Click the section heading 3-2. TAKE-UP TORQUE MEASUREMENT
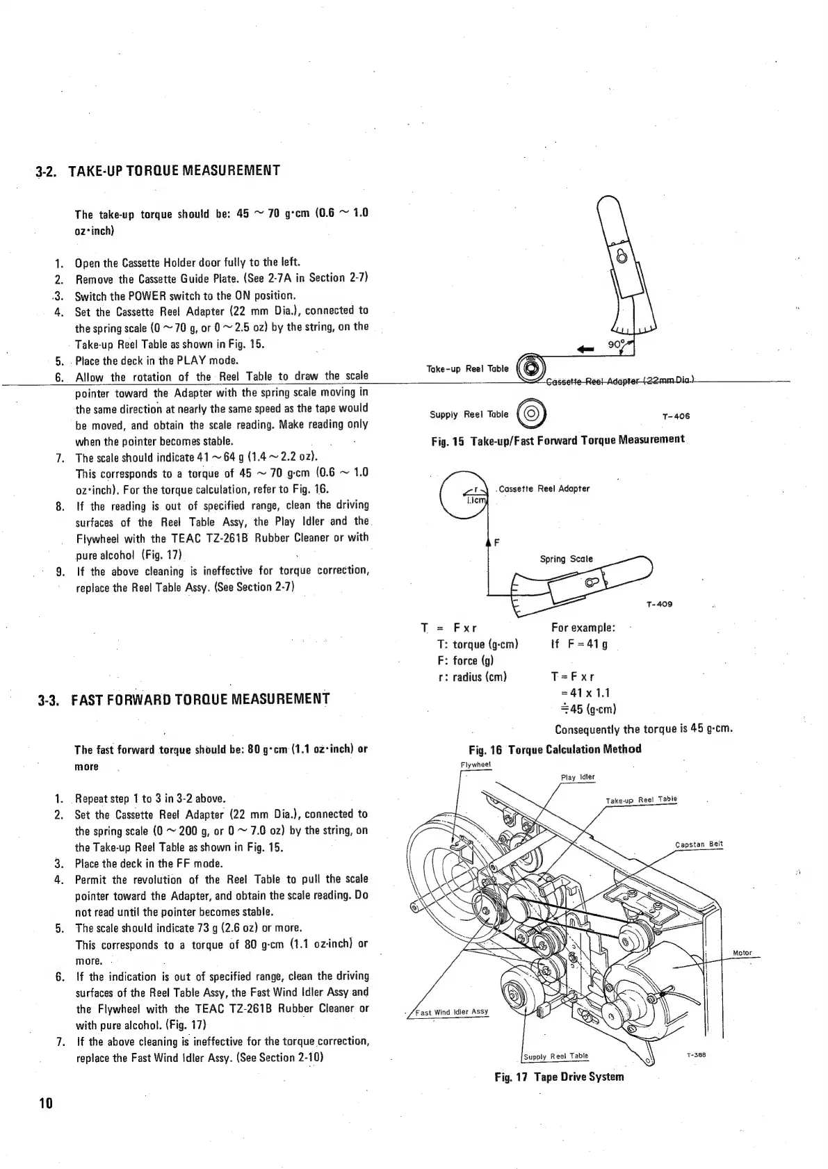coord(159,170)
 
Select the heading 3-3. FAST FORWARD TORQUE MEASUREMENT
coord(182,698)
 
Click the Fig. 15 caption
coord(557,440)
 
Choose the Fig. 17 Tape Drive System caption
coord(559,1077)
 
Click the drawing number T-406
coord(676,418)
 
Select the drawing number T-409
coord(658,604)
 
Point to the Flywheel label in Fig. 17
coord(476,765)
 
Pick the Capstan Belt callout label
coord(699,844)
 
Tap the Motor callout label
coord(742,953)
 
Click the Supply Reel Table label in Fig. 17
coord(555,1056)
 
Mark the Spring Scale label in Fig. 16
coord(566,559)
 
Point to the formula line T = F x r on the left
coord(449,628)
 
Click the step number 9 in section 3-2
coord(60,571)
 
